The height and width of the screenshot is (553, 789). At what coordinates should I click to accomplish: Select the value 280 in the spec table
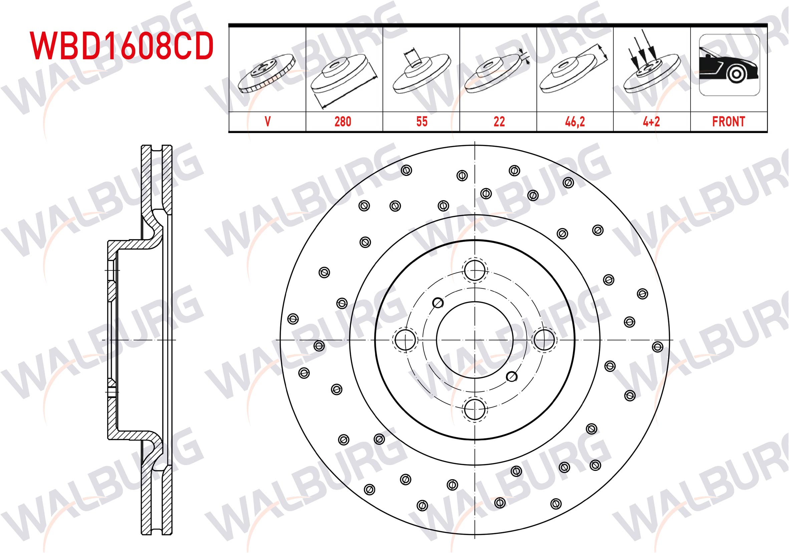[x=343, y=122]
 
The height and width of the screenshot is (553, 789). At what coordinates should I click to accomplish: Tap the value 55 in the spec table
[x=422, y=122]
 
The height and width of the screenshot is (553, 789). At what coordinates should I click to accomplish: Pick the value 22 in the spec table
[x=499, y=122]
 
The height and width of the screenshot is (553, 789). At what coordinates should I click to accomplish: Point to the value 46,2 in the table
[x=575, y=122]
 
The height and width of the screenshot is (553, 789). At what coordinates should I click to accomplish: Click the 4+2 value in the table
[x=651, y=122]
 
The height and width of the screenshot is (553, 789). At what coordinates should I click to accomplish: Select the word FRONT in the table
[x=729, y=122]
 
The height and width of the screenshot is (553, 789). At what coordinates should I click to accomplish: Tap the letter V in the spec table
[x=268, y=122]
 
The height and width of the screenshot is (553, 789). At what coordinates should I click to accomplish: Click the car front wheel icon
[x=729, y=65]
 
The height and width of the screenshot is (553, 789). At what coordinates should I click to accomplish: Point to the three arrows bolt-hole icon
[x=651, y=62]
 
